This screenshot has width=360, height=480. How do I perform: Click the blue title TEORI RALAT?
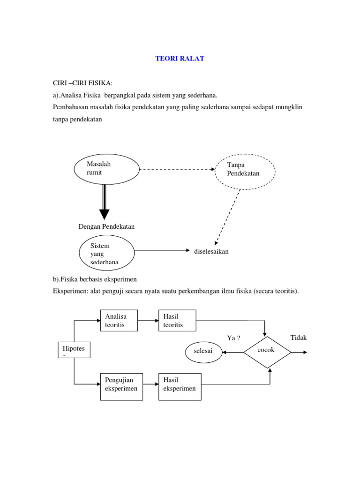pos(180,59)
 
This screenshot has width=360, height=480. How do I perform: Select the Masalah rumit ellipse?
pos(106,169)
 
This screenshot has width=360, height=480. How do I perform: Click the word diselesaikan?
pos(211,251)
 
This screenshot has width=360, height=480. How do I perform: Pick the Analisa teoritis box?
pos(120,321)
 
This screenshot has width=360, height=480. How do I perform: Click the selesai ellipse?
pos(204,352)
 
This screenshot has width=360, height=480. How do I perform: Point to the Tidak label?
pos(299,338)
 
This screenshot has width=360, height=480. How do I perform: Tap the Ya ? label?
pos(233,338)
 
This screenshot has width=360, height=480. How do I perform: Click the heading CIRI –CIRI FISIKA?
pos(82,83)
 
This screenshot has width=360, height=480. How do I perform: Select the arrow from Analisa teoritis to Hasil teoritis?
pos(149,321)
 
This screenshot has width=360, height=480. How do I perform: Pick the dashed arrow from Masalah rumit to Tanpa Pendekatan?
pos(177,169)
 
